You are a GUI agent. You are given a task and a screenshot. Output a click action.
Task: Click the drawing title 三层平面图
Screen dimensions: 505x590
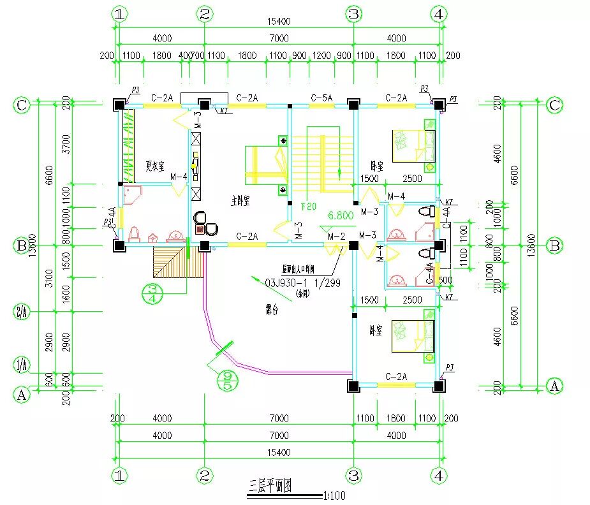[270, 487]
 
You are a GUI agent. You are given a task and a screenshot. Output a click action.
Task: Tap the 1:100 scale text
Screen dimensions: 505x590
[334, 494]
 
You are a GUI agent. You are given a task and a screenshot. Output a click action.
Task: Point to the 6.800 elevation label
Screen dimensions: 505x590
[341, 216]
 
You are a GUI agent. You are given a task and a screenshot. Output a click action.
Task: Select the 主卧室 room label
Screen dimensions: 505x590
[240, 201]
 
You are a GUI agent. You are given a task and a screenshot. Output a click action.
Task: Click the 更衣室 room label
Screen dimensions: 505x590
[155, 166]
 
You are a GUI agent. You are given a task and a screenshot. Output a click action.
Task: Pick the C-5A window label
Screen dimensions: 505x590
[321, 98]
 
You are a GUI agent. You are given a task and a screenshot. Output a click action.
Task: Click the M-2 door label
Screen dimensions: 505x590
[336, 236]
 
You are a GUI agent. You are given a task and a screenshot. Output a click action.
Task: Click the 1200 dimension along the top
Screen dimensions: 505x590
[321, 55]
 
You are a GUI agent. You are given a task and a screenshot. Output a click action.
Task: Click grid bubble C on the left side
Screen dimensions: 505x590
[22, 105]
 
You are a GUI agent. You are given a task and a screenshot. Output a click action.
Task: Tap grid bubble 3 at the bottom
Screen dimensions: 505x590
[354, 475]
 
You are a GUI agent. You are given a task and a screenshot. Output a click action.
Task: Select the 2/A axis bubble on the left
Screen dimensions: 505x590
[22, 312]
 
